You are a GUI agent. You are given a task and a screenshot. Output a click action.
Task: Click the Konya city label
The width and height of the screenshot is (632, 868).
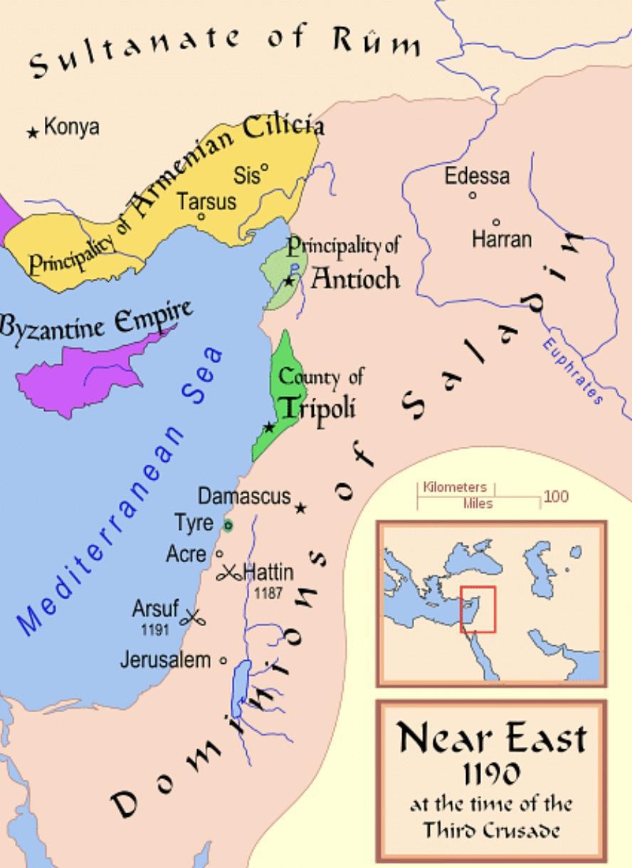(x=71, y=128)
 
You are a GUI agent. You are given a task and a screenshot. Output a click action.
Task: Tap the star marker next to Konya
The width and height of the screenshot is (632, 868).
(x=33, y=132)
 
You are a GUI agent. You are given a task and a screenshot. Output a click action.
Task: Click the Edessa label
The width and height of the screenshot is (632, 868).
(x=477, y=176)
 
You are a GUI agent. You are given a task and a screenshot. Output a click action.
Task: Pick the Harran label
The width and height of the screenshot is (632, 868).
(x=501, y=239)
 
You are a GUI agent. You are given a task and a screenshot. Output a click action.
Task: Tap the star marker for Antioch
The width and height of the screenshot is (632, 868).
(x=289, y=281)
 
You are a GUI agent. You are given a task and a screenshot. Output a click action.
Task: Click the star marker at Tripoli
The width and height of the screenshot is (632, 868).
(x=269, y=428)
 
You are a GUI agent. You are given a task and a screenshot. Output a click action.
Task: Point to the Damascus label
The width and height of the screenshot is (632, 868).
(x=244, y=496)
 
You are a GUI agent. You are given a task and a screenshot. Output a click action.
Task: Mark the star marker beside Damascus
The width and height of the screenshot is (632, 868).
(x=301, y=508)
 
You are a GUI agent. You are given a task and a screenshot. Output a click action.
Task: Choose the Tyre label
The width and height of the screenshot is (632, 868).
(x=194, y=524)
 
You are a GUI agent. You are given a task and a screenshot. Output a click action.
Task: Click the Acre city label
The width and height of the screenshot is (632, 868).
(x=186, y=554)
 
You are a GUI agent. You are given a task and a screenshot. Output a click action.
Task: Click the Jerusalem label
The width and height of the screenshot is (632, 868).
(x=165, y=660)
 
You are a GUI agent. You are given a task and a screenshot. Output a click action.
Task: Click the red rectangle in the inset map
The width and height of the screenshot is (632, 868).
(x=478, y=609)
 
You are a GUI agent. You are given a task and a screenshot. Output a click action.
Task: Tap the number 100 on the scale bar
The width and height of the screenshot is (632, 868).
(x=556, y=497)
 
